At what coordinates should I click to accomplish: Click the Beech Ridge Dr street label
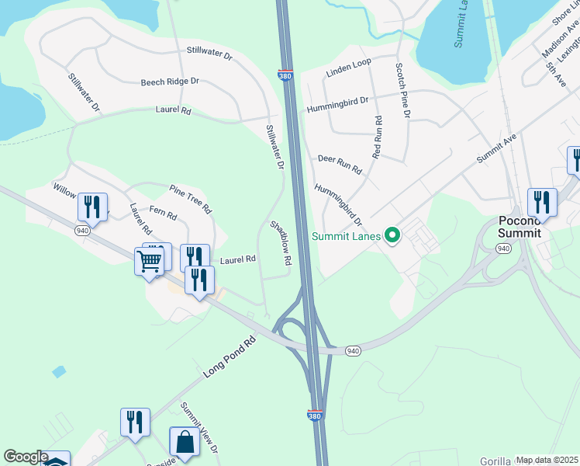click(x=170, y=82)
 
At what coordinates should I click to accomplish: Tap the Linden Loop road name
click(x=349, y=61)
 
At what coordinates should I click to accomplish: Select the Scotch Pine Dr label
click(x=401, y=90)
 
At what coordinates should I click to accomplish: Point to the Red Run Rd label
click(x=377, y=137)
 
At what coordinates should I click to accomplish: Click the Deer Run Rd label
click(x=340, y=164)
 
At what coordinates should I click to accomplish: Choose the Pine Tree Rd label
click(x=191, y=199)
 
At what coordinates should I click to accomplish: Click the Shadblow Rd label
click(x=280, y=243)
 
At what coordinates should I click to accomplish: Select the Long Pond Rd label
click(x=230, y=357)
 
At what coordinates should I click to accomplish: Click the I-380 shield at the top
click(x=285, y=75)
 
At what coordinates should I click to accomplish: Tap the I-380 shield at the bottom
click(x=315, y=416)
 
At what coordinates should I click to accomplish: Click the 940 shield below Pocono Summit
click(x=503, y=249)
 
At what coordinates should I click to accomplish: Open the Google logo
click(x=26, y=457)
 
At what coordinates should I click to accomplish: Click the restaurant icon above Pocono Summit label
click(x=542, y=202)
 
